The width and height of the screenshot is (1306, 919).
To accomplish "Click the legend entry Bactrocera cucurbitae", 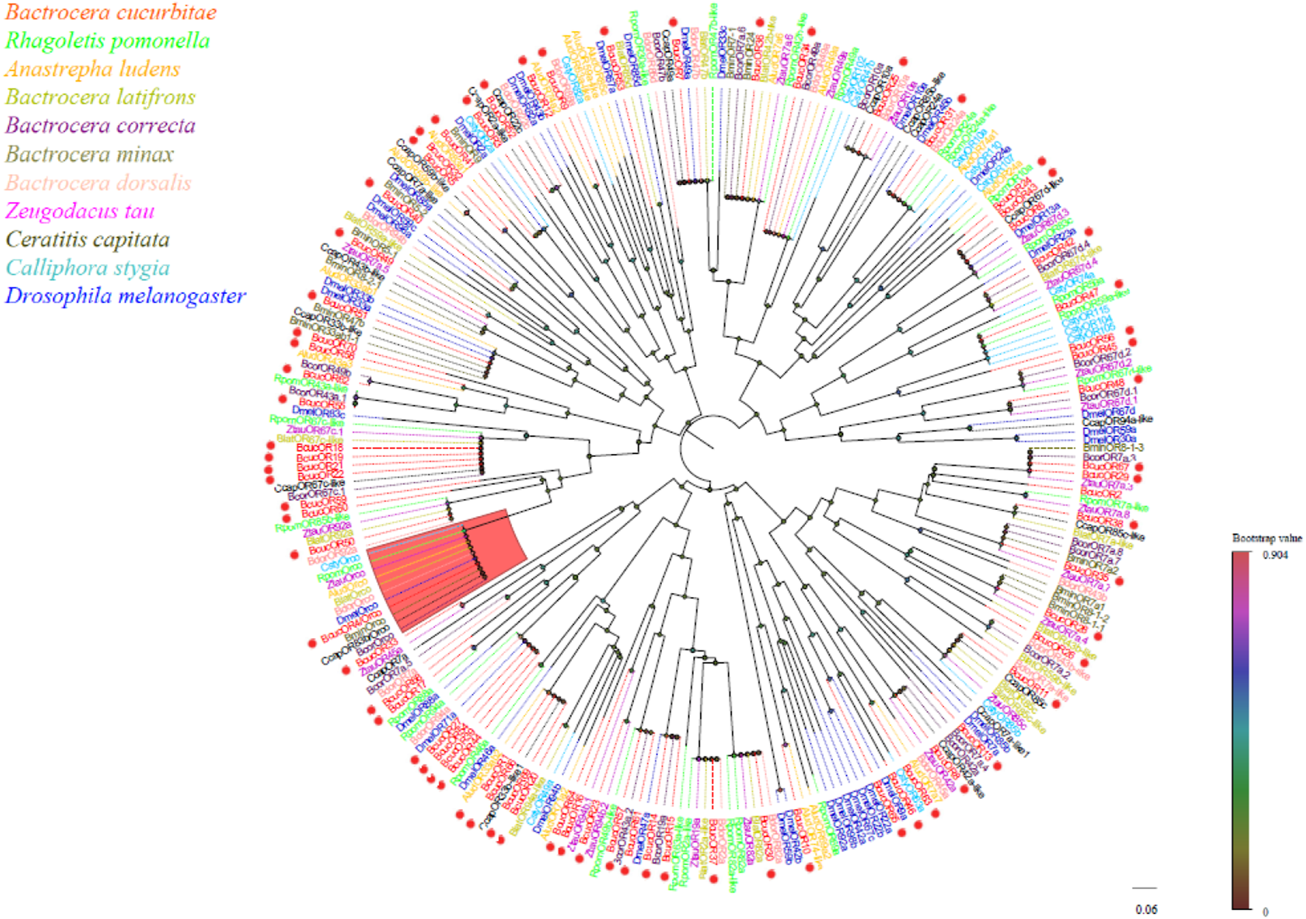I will tap(111, 13).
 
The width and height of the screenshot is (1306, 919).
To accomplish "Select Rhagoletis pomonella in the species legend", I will tap(108, 41).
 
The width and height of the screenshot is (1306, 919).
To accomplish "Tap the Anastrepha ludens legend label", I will tap(92, 69).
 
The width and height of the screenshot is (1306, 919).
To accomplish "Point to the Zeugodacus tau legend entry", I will tap(80, 212).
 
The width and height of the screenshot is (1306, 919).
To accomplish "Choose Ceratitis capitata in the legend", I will tap(88, 240).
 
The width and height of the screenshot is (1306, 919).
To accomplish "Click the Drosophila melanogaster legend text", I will tap(125, 296).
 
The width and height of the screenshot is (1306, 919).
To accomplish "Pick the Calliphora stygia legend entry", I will tap(88, 268).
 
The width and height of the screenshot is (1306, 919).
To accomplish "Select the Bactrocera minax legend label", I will tap(89, 154).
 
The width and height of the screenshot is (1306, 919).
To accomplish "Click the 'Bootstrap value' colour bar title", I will tap(1266, 539).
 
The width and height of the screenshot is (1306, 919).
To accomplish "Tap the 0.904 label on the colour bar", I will tap(1275, 555).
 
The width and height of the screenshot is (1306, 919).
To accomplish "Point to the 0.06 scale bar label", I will tap(1145, 909).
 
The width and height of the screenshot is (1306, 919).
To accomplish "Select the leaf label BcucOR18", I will tap(320, 448).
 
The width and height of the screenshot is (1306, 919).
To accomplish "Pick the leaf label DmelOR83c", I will tap(318, 411).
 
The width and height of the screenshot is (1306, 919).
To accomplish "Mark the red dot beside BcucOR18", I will tap(269, 447).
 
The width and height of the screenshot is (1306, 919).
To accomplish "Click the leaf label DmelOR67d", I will tap(1108, 411).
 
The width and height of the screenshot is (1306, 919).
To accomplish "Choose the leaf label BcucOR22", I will tap(320, 475).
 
